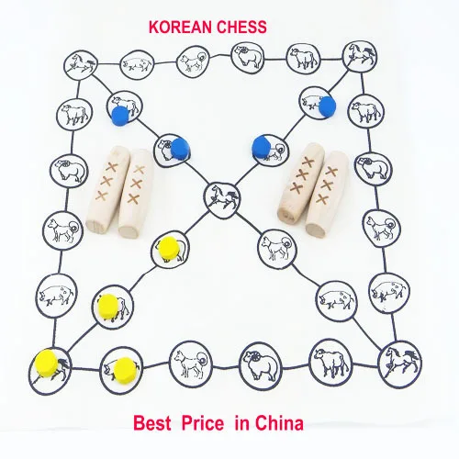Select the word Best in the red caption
pos(152,423)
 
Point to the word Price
pos(203,424)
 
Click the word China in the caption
pos(279,423)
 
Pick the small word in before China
pos(242,423)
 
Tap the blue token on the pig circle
pos(328,107)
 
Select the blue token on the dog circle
pos(261,147)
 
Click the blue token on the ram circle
pos(180,148)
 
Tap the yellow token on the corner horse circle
pos(46,364)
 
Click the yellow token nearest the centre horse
pos(169,248)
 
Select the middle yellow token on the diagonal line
pos(109,307)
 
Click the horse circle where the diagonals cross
pos(222,200)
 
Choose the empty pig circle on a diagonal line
pos(336,301)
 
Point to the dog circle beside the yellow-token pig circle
pos(191,364)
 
